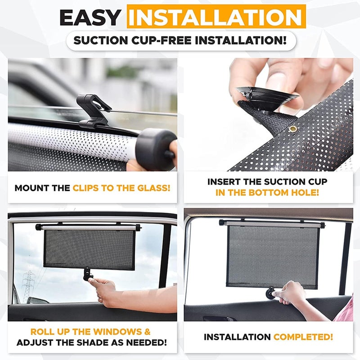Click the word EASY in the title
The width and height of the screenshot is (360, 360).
click(x=90, y=18)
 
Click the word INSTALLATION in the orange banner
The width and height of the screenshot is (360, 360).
click(x=216, y=17)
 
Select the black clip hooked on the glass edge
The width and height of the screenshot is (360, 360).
click(x=94, y=111)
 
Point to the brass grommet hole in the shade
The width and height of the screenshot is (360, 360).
click(x=293, y=129)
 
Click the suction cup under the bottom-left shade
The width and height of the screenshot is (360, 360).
click(x=88, y=274)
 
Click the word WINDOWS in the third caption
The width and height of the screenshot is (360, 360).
click(x=117, y=332)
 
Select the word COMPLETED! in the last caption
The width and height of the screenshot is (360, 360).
click(x=303, y=337)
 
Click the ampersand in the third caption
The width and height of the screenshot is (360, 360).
click(x=148, y=332)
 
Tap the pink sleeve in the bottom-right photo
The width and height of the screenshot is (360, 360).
click(x=345, y=309)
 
